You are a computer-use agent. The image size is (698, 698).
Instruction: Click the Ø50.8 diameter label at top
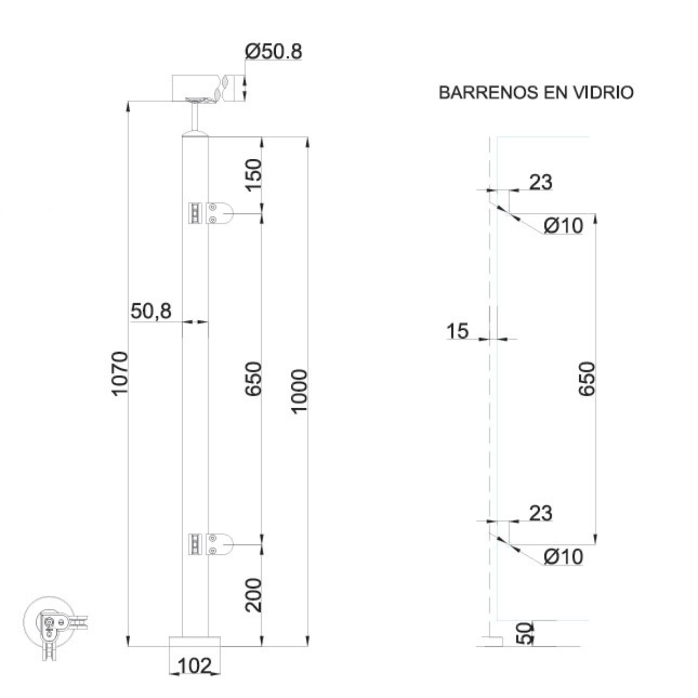(x=273, y=52)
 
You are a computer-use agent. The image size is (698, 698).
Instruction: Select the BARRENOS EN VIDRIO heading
(x=536, y=92)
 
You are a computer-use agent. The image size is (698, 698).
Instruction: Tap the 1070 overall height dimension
(x=119, y=373)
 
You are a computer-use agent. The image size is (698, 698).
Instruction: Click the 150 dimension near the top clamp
(x=253, y=174)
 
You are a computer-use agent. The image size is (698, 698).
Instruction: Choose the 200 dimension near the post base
(x=253, y=594)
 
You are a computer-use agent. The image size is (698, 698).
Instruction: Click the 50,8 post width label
(x=151, y=312)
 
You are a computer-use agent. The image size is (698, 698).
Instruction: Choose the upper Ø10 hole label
(x=563, y=225)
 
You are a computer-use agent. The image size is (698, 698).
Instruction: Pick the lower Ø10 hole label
(x=563, y=557)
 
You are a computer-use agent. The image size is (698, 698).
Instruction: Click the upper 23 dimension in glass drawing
(x=540, y=183)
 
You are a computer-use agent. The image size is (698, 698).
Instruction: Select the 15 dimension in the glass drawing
(x=458, y=331)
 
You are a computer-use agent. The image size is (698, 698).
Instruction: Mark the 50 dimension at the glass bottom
(x=524, y=633)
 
